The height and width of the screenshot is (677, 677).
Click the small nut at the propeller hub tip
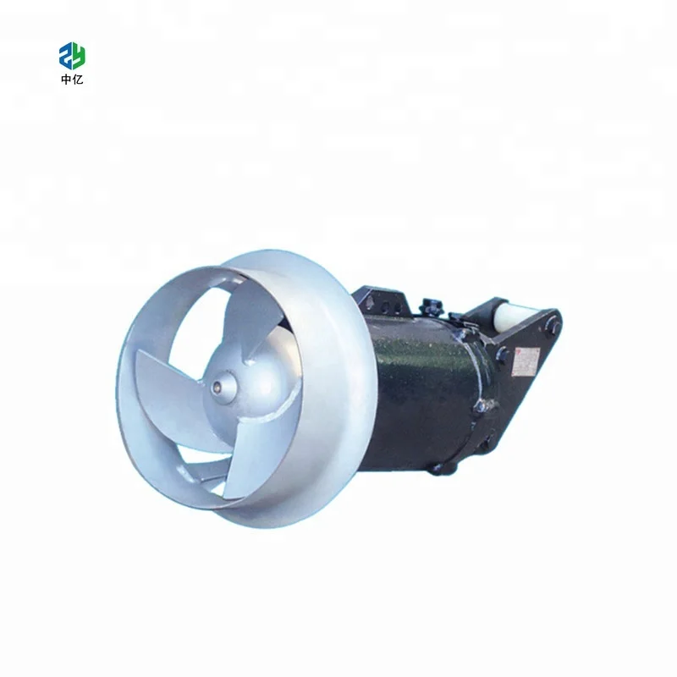click(x=221, y=388)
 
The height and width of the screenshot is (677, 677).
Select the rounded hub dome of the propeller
click(x=245, y=381)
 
